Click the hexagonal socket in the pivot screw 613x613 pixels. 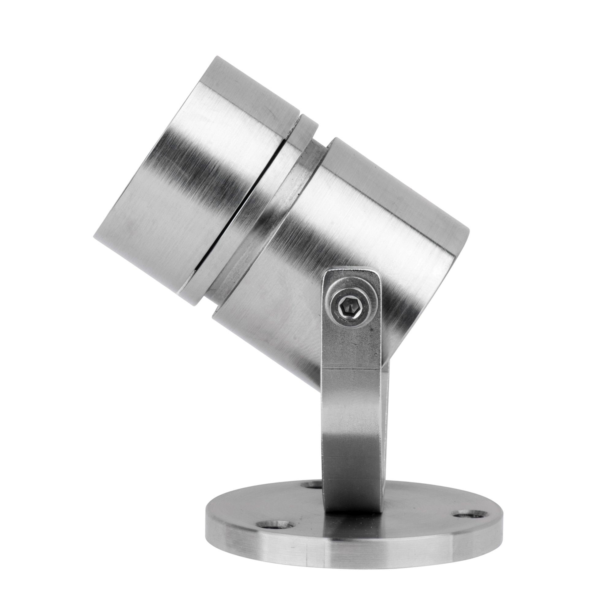349,306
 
